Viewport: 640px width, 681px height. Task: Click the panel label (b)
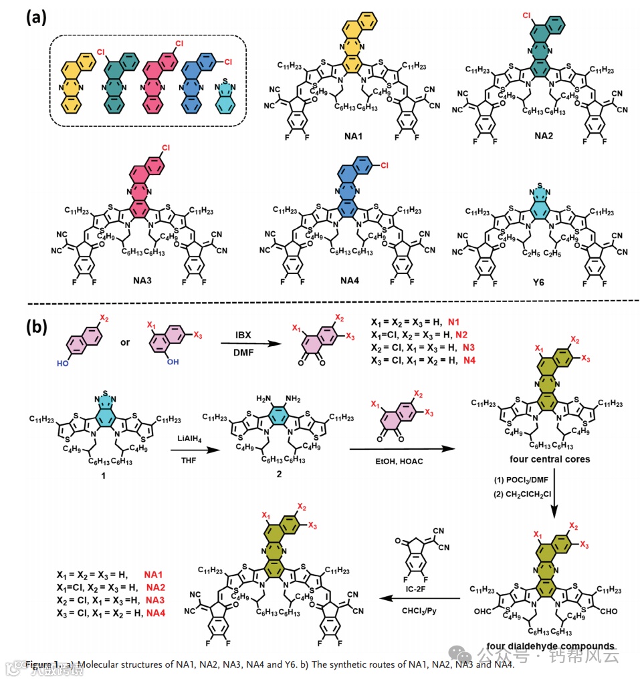click(35, 327)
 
